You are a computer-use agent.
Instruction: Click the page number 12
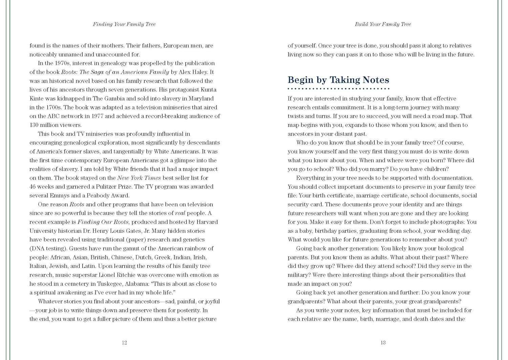tap(124, 342)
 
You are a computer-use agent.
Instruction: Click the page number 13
tap(383, 342)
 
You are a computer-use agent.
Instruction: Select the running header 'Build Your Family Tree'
tap(383, 24)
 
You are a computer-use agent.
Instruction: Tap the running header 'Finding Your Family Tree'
tap(124, 24)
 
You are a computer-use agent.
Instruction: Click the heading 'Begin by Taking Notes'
tap(338, 80)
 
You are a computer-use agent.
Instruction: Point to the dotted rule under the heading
tap(338, 89)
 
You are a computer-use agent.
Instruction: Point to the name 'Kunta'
tap(208, 90)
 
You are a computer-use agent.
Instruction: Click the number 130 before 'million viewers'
tap(34, 125)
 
